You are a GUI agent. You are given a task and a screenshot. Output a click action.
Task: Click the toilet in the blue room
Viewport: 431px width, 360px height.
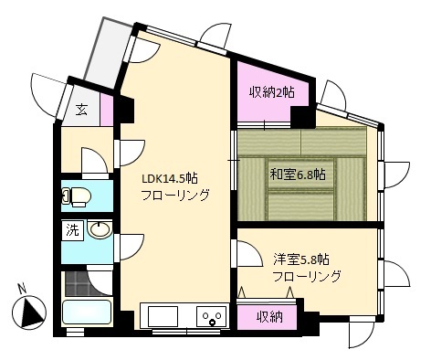(77, 196)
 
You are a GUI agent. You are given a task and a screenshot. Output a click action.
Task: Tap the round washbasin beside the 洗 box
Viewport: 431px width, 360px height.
(100, 229)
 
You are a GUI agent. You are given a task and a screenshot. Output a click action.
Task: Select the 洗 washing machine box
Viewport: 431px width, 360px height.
(73, 230)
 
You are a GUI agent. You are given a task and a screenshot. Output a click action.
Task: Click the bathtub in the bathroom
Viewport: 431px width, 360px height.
(86, 312)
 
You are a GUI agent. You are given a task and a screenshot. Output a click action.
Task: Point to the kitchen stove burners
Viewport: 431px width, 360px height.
(212, 316)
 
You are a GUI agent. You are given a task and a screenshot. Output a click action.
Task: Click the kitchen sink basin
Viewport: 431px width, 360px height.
(163, 317)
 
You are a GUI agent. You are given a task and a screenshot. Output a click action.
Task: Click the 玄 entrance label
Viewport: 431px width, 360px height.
(81, 110)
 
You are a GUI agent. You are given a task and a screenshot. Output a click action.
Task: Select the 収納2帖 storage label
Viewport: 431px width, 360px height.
(272, 91)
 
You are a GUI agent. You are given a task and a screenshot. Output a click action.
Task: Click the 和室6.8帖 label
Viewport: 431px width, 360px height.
(299, 175)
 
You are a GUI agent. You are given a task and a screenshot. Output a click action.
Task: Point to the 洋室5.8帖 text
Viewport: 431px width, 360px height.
(301, 259)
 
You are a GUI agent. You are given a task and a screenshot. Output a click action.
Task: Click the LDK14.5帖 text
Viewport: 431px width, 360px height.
(170, 178)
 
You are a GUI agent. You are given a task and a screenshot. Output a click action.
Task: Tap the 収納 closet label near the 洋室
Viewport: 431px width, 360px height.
(269, 317)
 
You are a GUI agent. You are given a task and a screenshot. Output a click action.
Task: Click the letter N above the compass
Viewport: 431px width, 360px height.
(21, 289)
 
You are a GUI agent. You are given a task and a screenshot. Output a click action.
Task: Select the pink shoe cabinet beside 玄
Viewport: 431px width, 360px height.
(107, 110)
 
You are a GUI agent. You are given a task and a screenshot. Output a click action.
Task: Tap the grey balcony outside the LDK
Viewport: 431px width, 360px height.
(108, 52)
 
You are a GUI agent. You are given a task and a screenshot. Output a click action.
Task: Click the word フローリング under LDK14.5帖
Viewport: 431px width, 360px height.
(175, 196)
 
